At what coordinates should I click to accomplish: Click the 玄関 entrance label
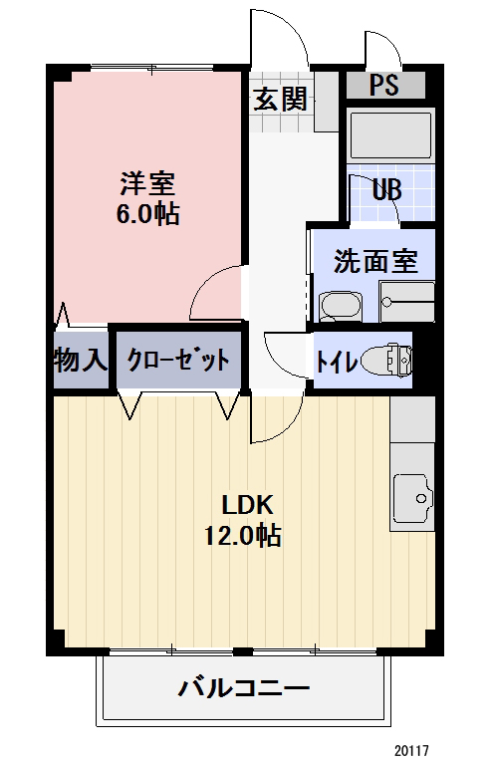tap(278, 99)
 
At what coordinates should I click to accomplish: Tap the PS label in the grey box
tap(384, 85)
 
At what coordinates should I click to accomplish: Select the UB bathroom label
tap(387, 188)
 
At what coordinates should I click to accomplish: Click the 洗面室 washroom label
tap(374, 262)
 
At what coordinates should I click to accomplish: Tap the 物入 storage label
tap(79, 360)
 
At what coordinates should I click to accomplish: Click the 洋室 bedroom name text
tap(147, 183)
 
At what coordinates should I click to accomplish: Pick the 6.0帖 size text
tap(147, 213)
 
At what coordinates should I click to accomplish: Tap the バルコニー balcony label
tap(244, 687)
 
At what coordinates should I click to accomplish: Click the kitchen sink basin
tap(412, 492)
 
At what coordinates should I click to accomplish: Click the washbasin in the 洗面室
tap(343, 305)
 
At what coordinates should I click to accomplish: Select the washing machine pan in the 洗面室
tap(407, 301)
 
